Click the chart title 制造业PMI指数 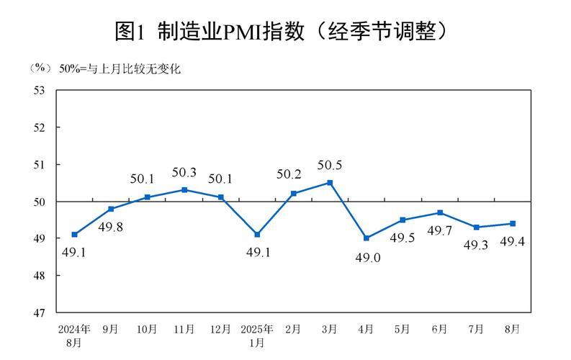[285, 30]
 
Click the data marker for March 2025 [330, 183]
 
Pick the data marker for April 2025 [367, 238]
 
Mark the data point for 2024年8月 [75, 235]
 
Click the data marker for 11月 [184, 190]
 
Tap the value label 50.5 [330, 166]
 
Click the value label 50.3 [184, 173]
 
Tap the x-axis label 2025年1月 [257, 335]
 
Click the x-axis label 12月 [220, 329]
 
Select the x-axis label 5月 [403, 329]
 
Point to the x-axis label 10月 [147, 329]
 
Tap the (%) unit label [40, 69]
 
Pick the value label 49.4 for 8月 [511, 241]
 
